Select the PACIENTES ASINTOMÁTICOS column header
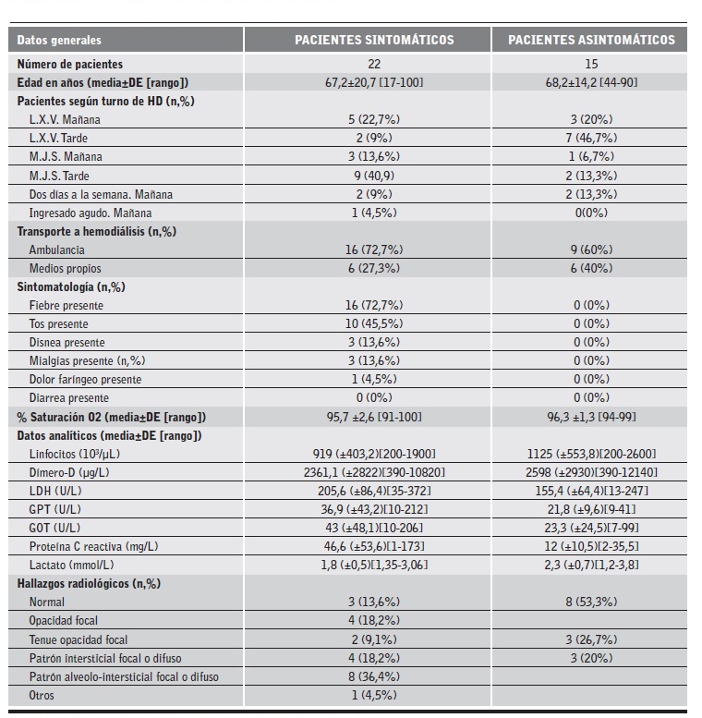[x=591, y=40]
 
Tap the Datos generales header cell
[x=60, y=40]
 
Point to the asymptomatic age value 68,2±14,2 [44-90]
[x=591, y=82]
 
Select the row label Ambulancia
[x=57, y=249]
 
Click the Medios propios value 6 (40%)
[x=591, y=268]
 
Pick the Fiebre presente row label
[x=67, y=305]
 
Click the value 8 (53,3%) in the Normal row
[x=591, y=602]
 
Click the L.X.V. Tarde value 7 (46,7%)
[x=591, y=138]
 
